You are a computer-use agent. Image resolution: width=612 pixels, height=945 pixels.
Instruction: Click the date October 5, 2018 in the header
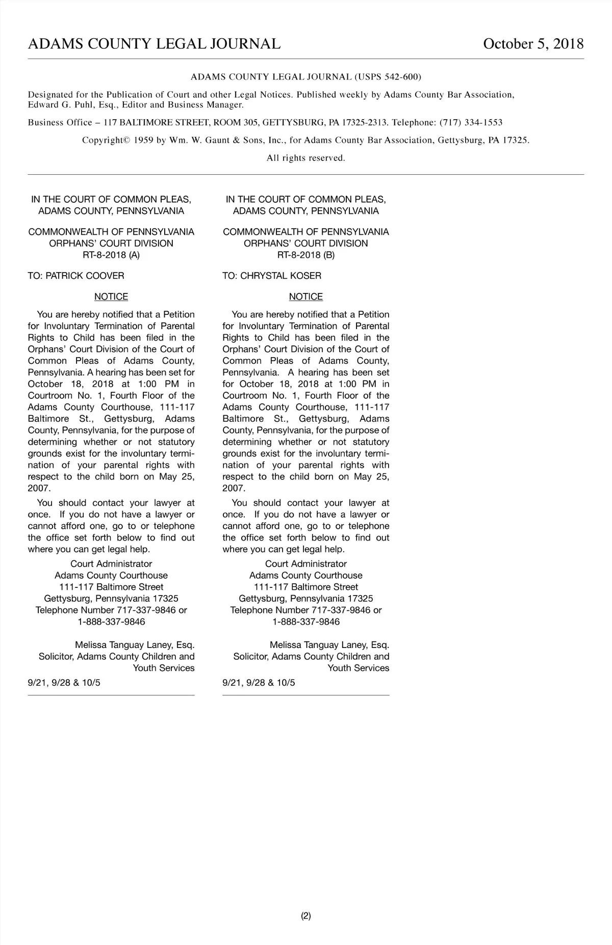533,44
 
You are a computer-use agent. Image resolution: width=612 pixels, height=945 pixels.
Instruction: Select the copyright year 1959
143,141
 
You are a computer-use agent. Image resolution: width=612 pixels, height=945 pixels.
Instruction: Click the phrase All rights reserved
306,158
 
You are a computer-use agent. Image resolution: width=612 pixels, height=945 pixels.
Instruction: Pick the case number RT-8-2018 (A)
111,255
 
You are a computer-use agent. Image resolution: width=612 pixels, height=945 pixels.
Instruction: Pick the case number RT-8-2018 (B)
306,255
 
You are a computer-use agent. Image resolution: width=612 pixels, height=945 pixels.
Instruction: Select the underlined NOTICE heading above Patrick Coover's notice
111,296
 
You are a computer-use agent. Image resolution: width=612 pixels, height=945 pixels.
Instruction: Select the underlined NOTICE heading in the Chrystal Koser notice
306,296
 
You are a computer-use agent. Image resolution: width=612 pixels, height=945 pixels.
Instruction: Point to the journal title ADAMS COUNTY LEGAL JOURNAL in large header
154,44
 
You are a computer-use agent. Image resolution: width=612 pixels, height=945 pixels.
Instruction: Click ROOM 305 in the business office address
235,123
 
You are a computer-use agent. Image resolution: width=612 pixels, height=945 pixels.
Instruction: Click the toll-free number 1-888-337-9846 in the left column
111,622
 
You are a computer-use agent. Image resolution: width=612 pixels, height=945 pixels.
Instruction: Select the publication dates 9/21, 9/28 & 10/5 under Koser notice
259,683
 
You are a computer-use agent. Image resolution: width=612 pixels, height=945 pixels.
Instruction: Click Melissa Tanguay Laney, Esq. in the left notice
135,645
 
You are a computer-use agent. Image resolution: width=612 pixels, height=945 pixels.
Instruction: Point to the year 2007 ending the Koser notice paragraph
234,488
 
